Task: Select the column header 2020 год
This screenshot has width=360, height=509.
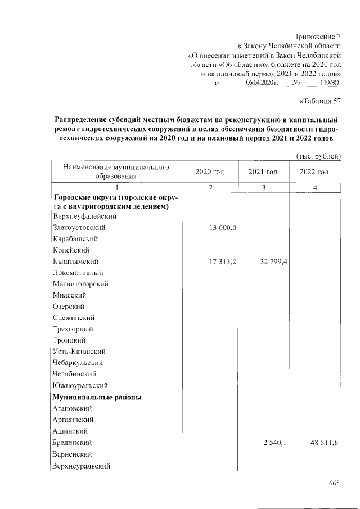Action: pos(209,172)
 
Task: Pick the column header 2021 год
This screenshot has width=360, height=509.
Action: pos(263,172)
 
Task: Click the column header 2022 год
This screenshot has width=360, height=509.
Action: pos(314,172)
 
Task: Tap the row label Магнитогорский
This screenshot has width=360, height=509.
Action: pos(80,284)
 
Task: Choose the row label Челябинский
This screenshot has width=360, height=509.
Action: pos(74,374)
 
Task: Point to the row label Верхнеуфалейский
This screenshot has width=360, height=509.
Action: pos(84,216)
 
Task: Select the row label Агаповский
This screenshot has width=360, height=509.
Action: pos(73,408)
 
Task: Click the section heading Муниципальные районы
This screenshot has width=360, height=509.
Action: pos(96,397)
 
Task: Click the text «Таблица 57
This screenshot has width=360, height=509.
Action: pos(318,102)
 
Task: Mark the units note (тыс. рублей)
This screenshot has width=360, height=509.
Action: pos(318,156)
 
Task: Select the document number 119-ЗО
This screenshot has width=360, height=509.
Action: pos(328,83)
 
